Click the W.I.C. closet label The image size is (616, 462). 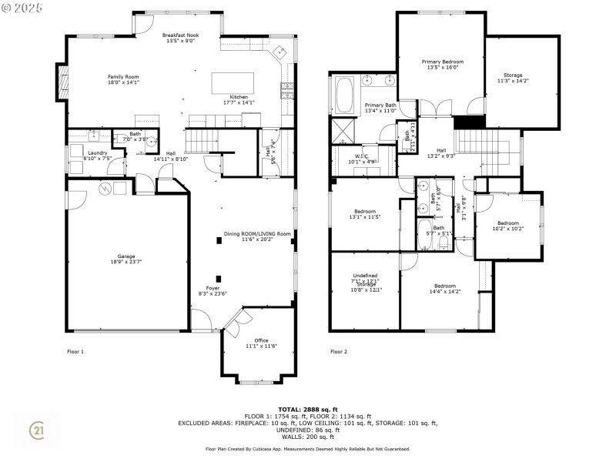click(x=361, y=159)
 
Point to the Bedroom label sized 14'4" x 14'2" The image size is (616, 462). click(x=444, y=289)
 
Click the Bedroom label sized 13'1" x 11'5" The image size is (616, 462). click(x=365, y=214)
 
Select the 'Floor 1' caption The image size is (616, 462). click(x=75, y=351)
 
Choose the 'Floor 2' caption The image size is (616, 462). click(x=339, y=351)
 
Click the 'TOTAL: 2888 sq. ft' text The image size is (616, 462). click(x=307, y=409)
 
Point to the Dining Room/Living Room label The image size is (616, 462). click(x=256, y=236)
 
